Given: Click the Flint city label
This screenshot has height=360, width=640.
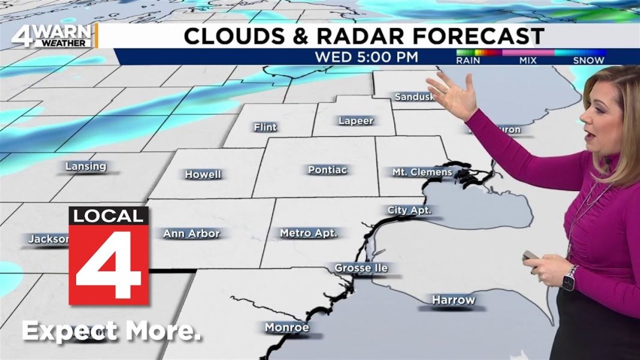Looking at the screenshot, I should point(265,128).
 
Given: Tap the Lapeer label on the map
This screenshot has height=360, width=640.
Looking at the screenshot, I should point(356,121).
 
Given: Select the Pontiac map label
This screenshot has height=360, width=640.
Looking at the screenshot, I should point(327,170).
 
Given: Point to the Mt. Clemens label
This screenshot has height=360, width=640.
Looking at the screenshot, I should point(422,173).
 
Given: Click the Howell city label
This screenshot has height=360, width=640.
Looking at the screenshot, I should point(203,175).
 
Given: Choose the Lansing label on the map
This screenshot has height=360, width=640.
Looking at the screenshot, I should point(86,167).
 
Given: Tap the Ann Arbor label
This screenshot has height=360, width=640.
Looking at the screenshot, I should point(192,234).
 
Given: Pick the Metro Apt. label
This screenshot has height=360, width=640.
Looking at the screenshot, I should point(309,233).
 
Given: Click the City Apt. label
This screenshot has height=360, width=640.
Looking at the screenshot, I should point(409,210).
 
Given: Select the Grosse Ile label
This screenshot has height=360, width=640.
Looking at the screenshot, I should point(361,268).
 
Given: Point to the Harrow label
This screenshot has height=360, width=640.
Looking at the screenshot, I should point(453,300).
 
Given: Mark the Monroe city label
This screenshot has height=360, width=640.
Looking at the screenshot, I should point(287,328).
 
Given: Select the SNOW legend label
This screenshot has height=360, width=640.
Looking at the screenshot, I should point(588,60).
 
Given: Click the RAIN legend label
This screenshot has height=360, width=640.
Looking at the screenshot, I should point(469,60).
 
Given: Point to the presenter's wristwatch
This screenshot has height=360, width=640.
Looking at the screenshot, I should point(569,277).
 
